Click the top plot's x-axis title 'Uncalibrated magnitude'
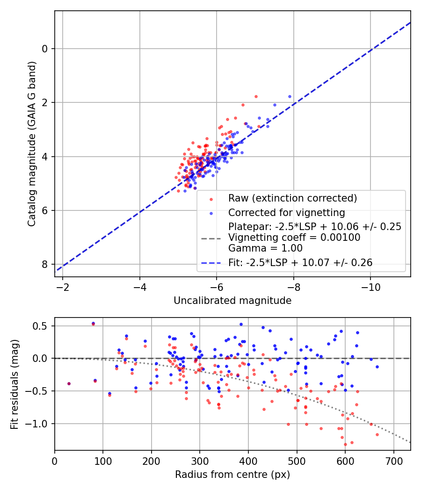[232, 300]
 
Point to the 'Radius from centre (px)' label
[232, 475]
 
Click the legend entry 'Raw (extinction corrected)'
[292, 198]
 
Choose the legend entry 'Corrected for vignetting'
[286, 213]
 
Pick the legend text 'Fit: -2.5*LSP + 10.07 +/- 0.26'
[300, 263]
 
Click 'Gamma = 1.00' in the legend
[265, 248]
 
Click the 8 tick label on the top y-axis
[45, 265]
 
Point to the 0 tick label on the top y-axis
[45, 49]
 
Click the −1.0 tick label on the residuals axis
[40, 424]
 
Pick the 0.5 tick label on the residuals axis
[43, 325]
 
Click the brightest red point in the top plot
[256, 96]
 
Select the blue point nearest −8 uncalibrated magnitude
[290, 96]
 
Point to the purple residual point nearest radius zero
[69, 383]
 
